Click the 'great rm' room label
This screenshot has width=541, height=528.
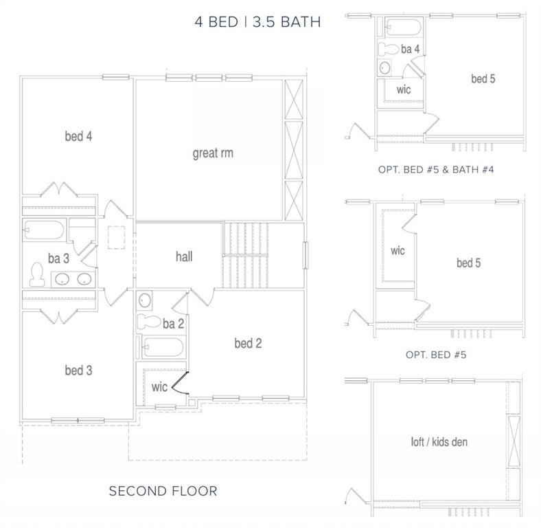[213, 153]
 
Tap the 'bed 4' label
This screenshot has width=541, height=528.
[79, 136]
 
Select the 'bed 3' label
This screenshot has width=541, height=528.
[79, 370]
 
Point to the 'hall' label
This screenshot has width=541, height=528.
[184, 256]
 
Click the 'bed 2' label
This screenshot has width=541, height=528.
[248, 343]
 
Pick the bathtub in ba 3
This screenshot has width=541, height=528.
[44, 230]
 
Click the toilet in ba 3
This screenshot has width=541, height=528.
[37, 275]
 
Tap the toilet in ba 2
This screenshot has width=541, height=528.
[149, 322]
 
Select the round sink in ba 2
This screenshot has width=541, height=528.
[145, 300]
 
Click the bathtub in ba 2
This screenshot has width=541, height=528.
[162, 347]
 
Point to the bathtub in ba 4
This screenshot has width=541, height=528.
[403, 27]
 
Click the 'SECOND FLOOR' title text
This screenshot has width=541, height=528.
[163, 491]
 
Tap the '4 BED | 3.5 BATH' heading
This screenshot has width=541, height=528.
[257, 22]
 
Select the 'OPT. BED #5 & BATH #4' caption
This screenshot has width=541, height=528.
[436, 170]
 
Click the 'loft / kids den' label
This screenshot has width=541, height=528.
[439, 441]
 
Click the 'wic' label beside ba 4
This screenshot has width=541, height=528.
[403, 89]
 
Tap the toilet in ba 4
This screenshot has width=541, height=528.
[389, 49]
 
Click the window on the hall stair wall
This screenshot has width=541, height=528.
[306, 255]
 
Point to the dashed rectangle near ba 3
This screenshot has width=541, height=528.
[116, 237]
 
